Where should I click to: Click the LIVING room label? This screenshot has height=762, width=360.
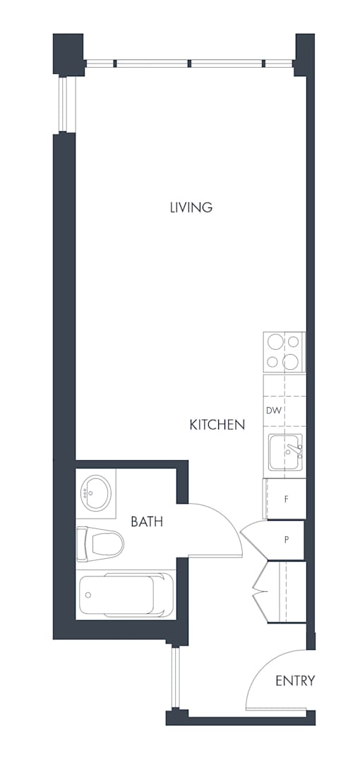[x=191, y=207]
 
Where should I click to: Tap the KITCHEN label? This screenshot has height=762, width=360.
[x=217, y=425]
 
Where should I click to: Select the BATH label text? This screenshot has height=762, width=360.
[x=147, y=522]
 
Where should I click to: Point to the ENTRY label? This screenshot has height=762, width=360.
[x=295, y=681]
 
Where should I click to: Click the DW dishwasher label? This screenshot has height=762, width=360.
[x=274, y=411]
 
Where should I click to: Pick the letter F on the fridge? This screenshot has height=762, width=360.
[x=287, y=499]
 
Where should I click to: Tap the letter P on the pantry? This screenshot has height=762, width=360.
[x=287, y=540]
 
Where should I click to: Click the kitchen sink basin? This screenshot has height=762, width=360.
[x=286, y=452]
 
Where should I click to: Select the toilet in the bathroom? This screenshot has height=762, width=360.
[x=100, y=544]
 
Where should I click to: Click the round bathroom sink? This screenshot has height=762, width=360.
[x=96, y=492]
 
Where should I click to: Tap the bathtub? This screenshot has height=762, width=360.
[x=126, y=594]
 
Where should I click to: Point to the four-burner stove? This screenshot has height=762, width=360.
[x=284, y=352]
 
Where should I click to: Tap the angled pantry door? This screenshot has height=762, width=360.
[x=253, y=540]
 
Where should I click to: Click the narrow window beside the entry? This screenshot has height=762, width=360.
[x=176, y=677]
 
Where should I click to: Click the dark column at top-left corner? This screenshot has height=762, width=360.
[x=68, y=54]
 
